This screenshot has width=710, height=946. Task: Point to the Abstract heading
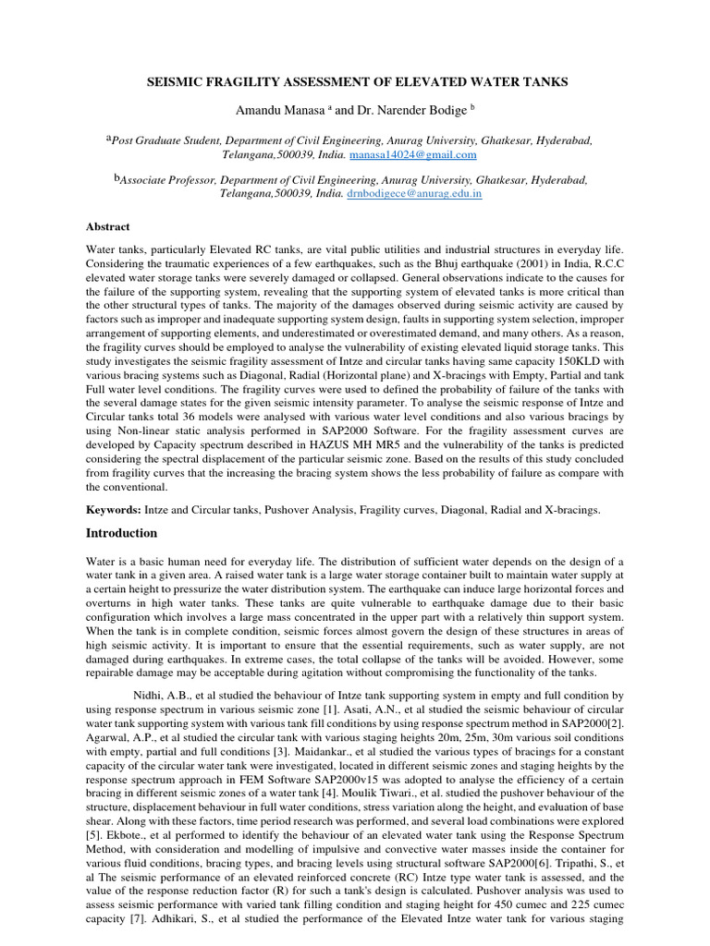pos(108,226)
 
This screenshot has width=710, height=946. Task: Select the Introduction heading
pos(122,533)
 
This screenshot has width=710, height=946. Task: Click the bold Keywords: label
pos(115,509)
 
